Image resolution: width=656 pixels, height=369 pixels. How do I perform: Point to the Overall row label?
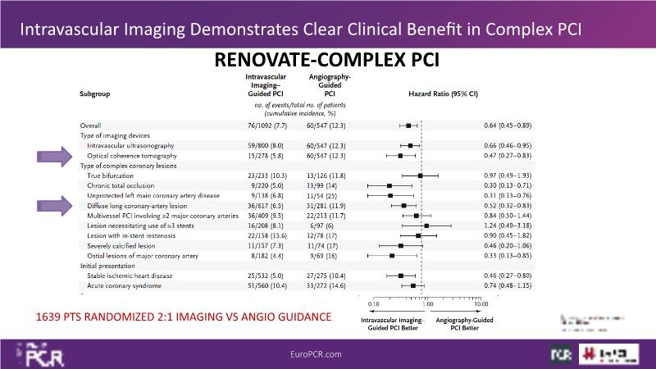(x=92, y=125)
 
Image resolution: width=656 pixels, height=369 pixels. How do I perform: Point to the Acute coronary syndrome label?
(x=126, y=285)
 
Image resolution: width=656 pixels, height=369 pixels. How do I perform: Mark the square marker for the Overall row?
(x=408, y=125)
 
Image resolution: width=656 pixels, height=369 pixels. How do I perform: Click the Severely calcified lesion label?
(x=120, y=245)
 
